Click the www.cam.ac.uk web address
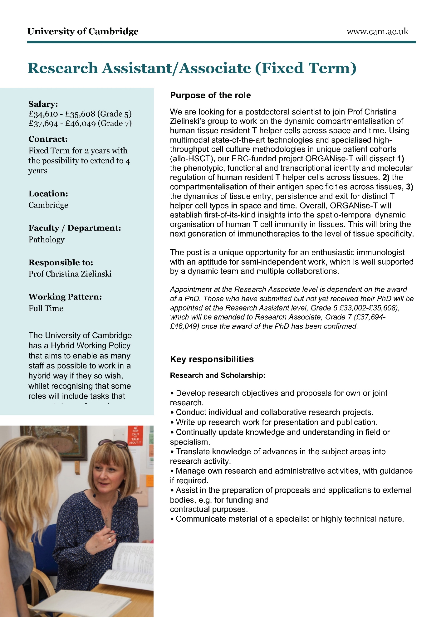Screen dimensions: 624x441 pyautogui.click(x=377, y=32)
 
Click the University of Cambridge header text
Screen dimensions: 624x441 pyautogui.click(x=83, y=32)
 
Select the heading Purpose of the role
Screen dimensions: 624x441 pyautogui.click(x=210, y=95)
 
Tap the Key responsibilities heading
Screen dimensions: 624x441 pyautogui.click(x=212, y=359)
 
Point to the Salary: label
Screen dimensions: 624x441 pyautogui.click(x=43, y=104)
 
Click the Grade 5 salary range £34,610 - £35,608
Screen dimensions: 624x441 pyautogui.click(x=62, y=114)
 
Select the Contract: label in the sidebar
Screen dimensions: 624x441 pyautogui.click(x=48, y=139)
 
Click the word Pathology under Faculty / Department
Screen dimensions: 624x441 pyautogui.click(x=47, y=240)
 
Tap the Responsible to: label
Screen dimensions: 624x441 pyautogui.click(x=61, y=262)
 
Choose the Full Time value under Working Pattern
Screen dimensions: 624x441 pyautogui.click(x=46, y=308)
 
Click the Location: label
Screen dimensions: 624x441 pyautogui.click(x=48, y=193)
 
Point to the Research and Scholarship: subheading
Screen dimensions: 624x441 pyautogui.click(x=217, y=375)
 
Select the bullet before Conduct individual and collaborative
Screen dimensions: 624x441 pyautogui.click(x=172, y=413)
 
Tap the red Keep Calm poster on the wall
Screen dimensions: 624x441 pyautogui.click(x=136, y=435)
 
